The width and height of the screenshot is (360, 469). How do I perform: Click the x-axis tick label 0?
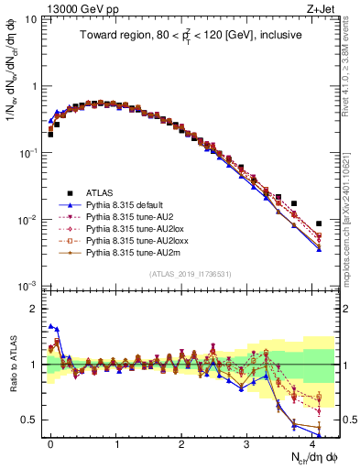click(50, 442)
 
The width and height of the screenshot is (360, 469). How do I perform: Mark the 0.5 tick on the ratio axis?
click(32, 420)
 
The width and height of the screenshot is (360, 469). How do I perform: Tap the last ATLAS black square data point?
click(319, 224)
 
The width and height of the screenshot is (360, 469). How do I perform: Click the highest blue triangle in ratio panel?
click(50, 325)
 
